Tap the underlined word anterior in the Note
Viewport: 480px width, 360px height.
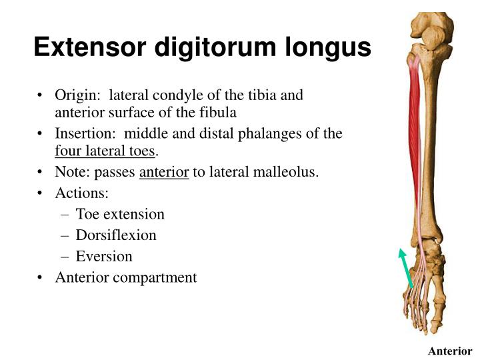(x=164, y=173)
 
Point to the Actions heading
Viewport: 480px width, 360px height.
(x=82, y=193)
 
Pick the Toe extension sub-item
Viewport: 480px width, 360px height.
(x=120, y=214)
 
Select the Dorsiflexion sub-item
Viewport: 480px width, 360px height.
(x=116, y=235)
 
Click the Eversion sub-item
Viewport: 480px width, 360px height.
(x=104, y=256)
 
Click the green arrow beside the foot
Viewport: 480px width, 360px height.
(x=406, y=268)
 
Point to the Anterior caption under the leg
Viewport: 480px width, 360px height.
(x=450, y=351)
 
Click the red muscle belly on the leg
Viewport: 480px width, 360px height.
(x=415, y=107)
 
